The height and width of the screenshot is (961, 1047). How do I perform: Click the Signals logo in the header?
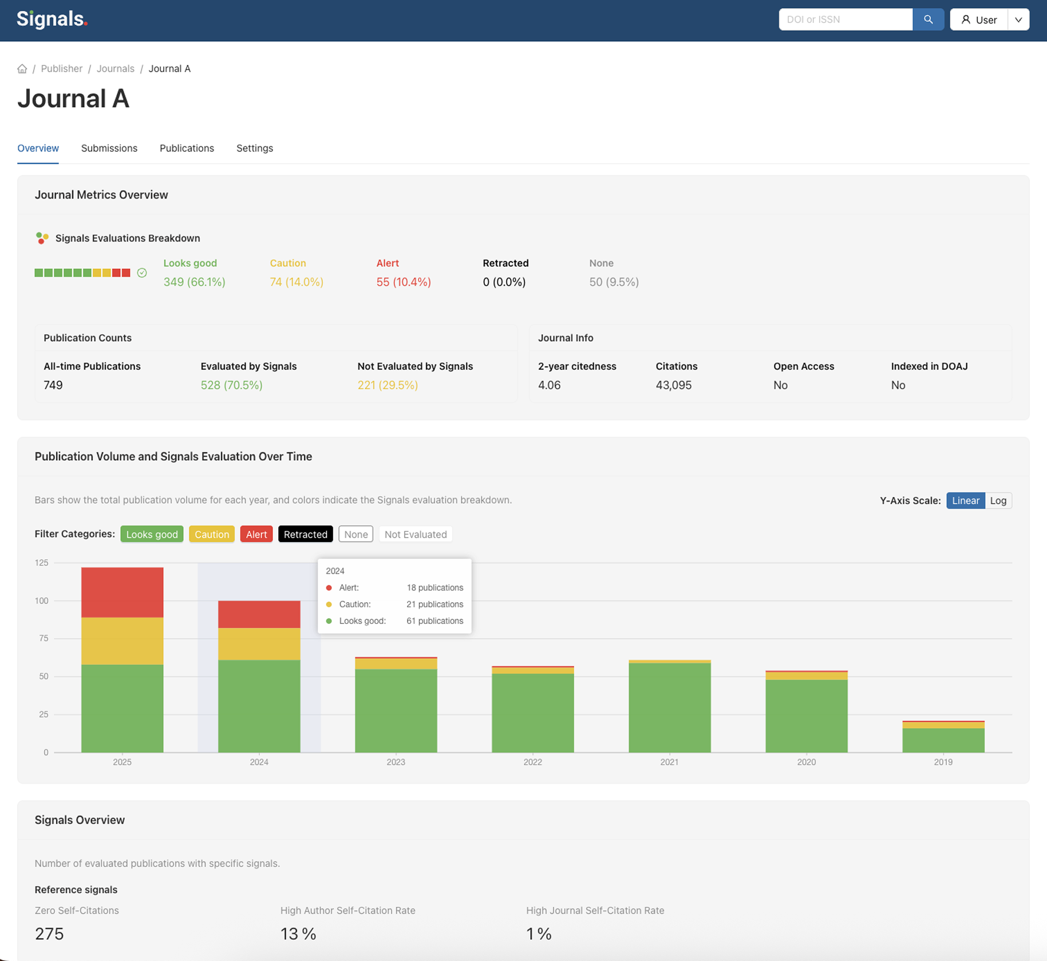coord(52,19)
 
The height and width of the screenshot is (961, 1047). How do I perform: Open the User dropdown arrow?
coord(1018,19)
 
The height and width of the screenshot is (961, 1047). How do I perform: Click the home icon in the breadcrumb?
coord(22,69)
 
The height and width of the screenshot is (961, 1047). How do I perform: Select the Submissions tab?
coord(109,148)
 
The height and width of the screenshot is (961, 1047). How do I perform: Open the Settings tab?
coord(254,148)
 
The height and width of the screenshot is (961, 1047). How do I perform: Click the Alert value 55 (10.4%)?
coord(403,282)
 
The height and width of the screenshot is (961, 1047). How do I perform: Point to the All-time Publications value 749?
coord(53,385)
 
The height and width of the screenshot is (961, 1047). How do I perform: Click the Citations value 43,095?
coord(673,385)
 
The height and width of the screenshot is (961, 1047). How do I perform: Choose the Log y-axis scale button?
coord(998,500)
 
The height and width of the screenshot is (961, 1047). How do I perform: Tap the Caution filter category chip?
coord(211,534)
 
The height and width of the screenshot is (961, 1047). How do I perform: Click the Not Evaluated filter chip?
coord(415,534)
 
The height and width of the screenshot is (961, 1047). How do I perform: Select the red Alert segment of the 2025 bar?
coord(122,592)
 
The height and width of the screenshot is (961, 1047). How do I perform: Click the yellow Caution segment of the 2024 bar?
coord(259,644)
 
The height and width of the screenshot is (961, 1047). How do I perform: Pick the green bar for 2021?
coord(669,707)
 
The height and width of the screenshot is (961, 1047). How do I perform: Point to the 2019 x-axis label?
coord(943,762)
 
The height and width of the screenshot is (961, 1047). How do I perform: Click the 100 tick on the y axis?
coord(41,600)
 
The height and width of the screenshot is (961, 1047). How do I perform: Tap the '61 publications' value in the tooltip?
coord(434,620)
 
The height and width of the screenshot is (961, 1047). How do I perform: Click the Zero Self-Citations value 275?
coord(49,934)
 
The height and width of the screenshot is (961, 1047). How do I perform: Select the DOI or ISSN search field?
coord(845,19)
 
